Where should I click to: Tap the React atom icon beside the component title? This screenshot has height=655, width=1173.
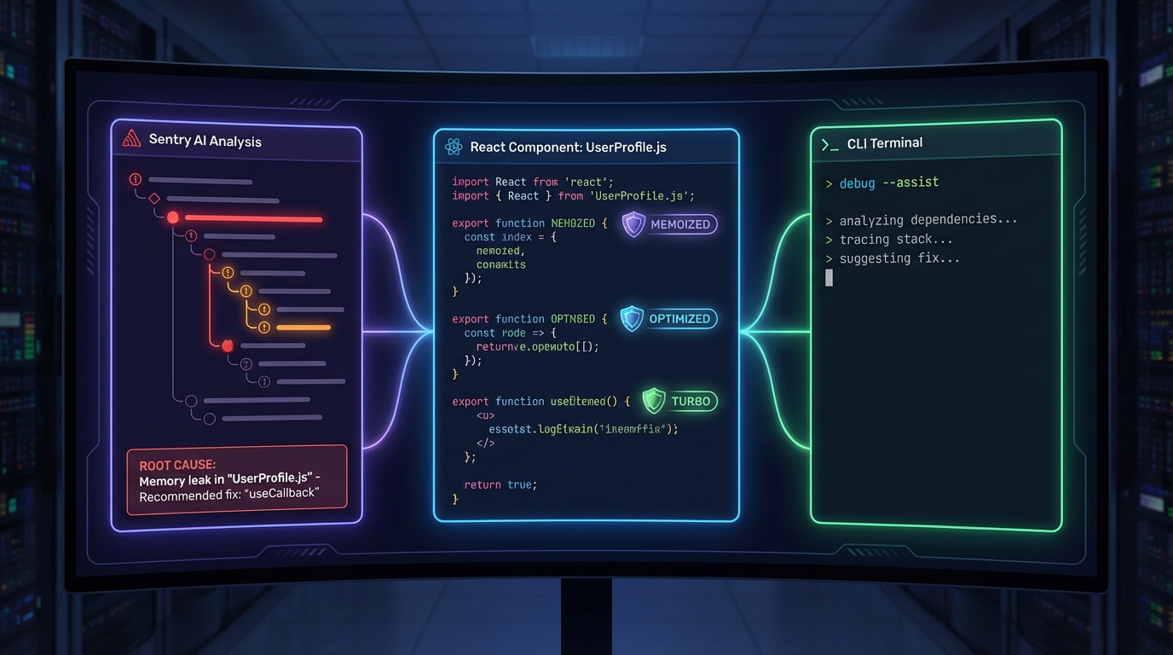pyautogui.click(x=454, y=148)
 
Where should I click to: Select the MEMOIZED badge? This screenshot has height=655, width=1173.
pyautogui.click(x=670, y=224)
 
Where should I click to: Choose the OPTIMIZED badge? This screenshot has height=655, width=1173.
pyautogui.click(x=669, y=319)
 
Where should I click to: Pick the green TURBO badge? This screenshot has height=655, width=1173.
pyautogui.click(x=679, y=401)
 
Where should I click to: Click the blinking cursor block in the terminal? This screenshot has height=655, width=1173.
pyautogui.click(x=829, y=278)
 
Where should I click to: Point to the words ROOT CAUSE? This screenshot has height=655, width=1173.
pyautogui.click(x=177, y=466)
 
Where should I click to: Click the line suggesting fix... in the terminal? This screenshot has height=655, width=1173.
pyautogui.click(x=899, y=258)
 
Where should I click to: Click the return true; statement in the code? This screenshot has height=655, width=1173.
pyautogui.click(x=500, y=484)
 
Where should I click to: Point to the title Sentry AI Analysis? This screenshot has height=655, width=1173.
pyautogui.click(x=205, y=141)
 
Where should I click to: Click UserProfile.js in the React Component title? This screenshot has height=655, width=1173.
pyautogui.click(x=627, y=148)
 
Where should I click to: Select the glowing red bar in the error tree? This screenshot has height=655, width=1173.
pyautogui.click(x=253, y=219)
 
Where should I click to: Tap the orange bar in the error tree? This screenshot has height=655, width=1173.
pyautogui.click(x=303, y=327)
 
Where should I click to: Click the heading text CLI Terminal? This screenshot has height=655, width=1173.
pyautogui.click(x=885, y=143)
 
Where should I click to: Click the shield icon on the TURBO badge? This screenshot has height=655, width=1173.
pyautogui.click(x=654, y=400)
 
